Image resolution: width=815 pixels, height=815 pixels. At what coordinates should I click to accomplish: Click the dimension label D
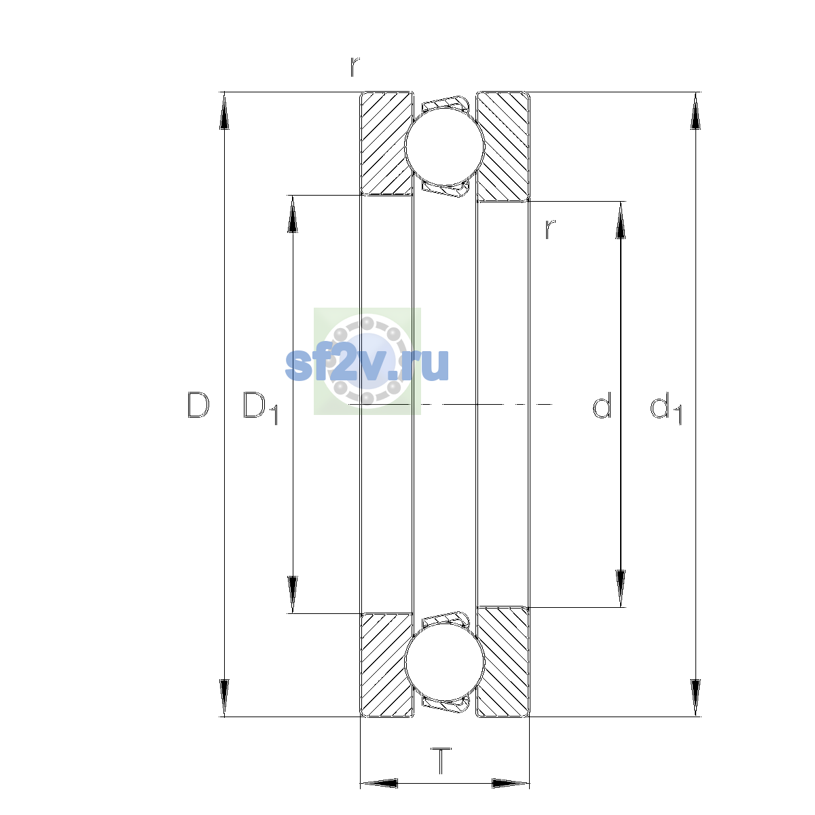click(198, 405)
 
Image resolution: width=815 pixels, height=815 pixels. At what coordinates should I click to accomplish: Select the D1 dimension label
click(260, 407)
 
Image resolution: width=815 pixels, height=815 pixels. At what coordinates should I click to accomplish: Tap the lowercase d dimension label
click(602, 405)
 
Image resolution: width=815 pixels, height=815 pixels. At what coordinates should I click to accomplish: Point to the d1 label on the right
click(666, 407)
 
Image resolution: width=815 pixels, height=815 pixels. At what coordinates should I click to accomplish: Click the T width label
click(441, 761)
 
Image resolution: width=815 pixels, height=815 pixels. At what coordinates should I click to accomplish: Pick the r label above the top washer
click(355, 67)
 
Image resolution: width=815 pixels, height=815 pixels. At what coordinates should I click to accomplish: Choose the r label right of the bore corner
click(549, 230)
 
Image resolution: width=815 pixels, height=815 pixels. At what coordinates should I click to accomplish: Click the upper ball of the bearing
click(444, 146)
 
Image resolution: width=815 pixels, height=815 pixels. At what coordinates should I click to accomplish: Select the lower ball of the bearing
click(444, 663)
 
